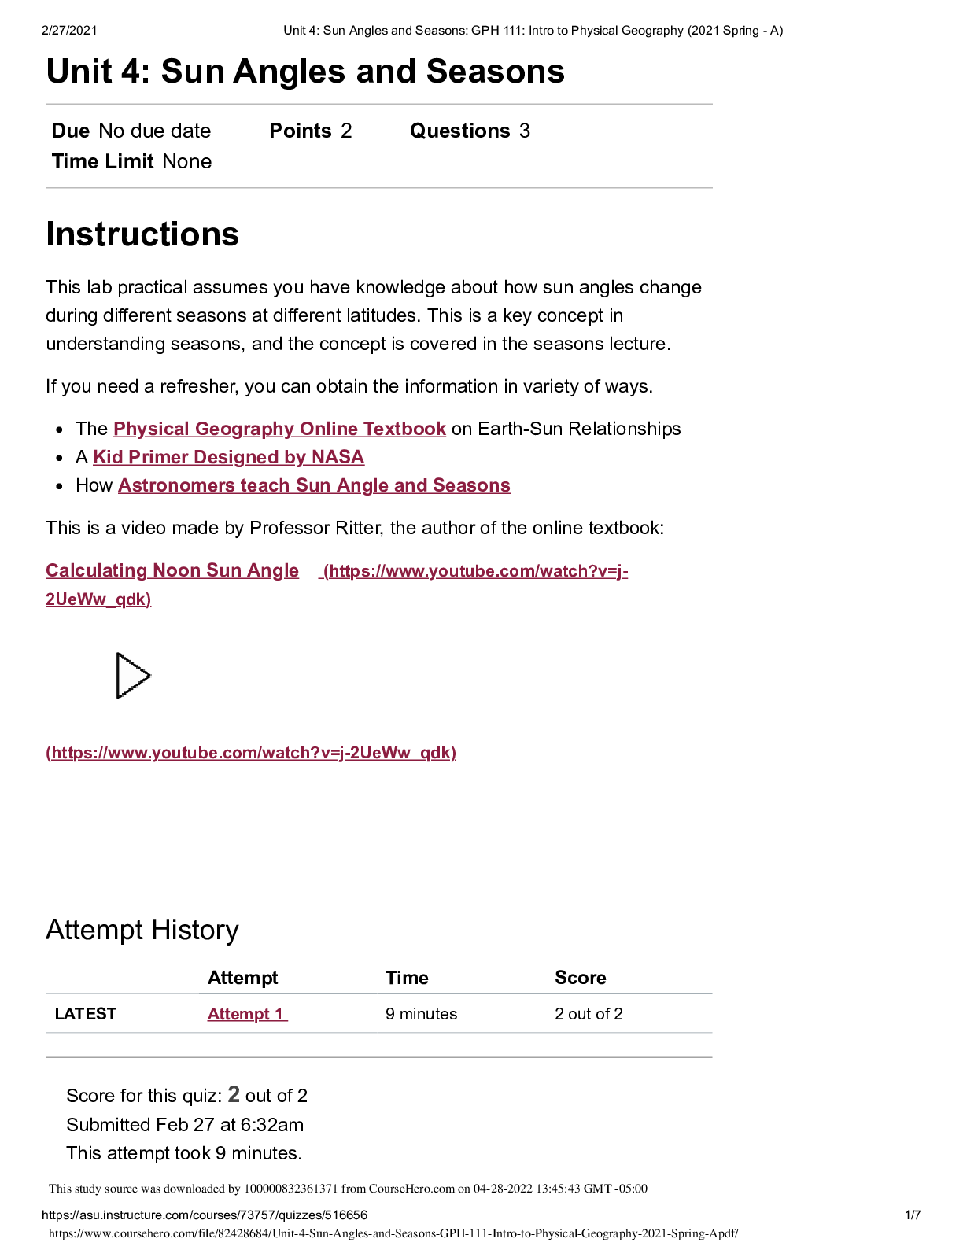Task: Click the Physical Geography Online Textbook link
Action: point(279,429)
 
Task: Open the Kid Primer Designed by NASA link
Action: point(228,457)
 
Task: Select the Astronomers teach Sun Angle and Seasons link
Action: point(314,485)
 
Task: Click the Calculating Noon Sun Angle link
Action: point(172,570)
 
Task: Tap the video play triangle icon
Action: point(133,676)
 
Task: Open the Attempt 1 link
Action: point(247,1014)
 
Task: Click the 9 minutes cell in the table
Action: point(421,1014)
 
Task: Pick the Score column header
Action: point(580,978)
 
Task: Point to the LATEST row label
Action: point(86,1014)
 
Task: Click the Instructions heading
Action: point(142,234)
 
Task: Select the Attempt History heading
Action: point(142,930)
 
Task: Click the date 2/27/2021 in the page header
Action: point(69,31)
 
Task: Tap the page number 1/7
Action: point(913,1215)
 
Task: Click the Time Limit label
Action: point(102,161)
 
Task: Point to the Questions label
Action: point(459,131)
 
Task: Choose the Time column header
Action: point(407,978)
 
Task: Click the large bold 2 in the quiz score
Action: point(234,1094)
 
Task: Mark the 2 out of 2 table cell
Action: point(588,1014)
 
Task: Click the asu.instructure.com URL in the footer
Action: point(205,1215)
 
